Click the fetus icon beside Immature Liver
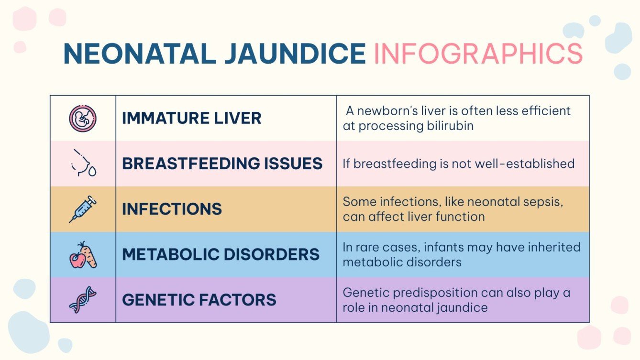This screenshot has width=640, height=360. pyautogui.click(x=83, y=118)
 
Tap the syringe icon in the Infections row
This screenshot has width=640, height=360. pyautogui.click(x=83, y=209)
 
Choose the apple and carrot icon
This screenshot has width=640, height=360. pyautogui.click(x=83, y=254)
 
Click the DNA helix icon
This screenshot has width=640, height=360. pyautogui.click(x=83, y=300)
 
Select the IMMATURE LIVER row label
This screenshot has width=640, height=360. pyautogui.click(x=191, y=118)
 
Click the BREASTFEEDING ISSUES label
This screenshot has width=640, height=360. pyautogui.click(x=222, y=164)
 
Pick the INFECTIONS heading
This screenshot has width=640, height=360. pyautogui.click(x=172, y=209)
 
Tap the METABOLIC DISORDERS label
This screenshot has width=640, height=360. pyautogui.click(x=221, y=254)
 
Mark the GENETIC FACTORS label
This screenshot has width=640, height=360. pyautogui.click(x=199, y=300)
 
